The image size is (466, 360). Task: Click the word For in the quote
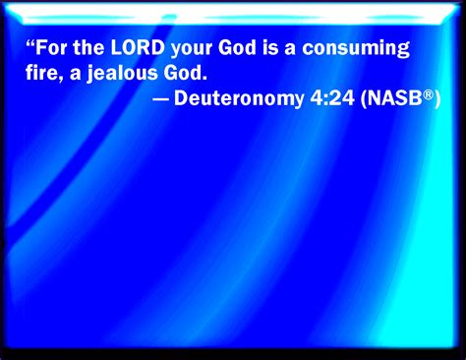pyautogui.click(x=50, y=48)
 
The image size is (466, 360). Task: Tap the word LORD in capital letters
pyautogui.click(x=138, y=48)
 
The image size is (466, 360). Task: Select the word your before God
pyautogui.click(x=192, y=50)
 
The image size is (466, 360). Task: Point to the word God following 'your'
pyautogui.click(x=237, y=48)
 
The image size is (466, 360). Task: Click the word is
pyautogui.click(x=270, y=48)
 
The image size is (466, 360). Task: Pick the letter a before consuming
pyautogui.click(x=290, y=50)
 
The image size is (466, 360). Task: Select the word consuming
pyautogui.click(x=356, y=50)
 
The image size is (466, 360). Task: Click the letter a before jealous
pyautogui.click(x=75, y=75)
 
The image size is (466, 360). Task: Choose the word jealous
pyautogui.click(x=123, y=75)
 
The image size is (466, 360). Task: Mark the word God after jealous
pyautogui.click(x=183, y=73)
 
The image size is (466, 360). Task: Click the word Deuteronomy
pyautogui.click(x=239, y=99)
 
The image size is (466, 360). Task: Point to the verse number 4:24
pyautogui.click(x=332, y=98)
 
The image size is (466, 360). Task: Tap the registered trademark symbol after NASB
pyautogui.click(x=428, y=94)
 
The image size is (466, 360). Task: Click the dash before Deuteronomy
pyautogui.click(x=160, y=99)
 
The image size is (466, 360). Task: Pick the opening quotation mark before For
pyautogui.click(x=29, y=43)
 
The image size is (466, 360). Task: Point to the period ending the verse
pyautogui.click(x=204, y=79)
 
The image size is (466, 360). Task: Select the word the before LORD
pyautogui.click(x=88, y=48)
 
